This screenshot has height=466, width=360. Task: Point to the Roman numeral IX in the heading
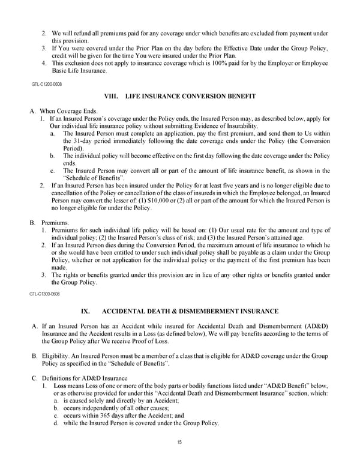tap(85, 311)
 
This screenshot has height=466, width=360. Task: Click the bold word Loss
tap(61, 386)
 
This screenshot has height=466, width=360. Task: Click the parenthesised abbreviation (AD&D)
tap(319, 325)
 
